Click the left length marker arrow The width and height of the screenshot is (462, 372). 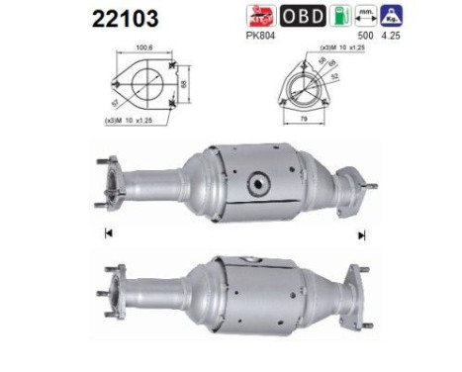105,234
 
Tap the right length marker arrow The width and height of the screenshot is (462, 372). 362,234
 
